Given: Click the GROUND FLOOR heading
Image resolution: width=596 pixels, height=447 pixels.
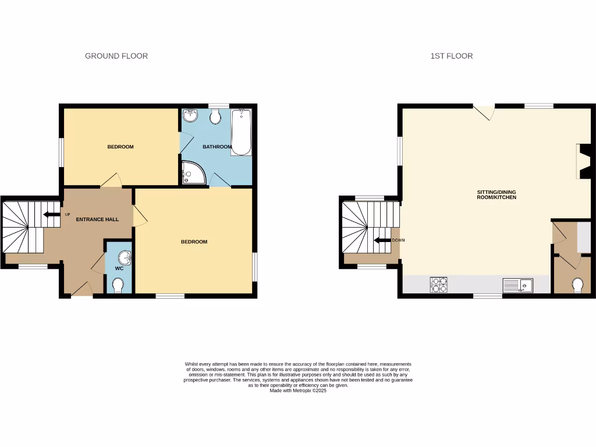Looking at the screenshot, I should coord(116,56).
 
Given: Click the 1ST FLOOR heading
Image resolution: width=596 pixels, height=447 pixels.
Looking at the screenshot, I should coord(451,56).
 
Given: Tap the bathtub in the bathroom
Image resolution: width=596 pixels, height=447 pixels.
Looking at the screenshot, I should coord(241,132).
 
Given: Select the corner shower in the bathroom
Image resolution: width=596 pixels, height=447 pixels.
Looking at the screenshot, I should coord(192,173).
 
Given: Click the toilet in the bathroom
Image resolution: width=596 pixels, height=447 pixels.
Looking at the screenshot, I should coord(215,117).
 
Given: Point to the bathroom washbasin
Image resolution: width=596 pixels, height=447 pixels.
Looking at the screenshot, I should coord(190,115).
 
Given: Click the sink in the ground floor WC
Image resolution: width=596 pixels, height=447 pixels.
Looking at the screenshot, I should coord(123,257).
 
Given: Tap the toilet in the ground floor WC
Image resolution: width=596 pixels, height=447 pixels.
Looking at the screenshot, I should coord(118,285).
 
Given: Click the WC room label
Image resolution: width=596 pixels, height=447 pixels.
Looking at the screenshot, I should coord(119,269).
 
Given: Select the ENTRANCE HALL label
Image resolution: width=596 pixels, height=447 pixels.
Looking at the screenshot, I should coord(97,219).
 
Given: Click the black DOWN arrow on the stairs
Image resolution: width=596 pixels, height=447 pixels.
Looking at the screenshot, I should coord(382,240).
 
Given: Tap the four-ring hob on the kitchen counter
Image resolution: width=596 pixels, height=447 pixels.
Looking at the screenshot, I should coord(439,285).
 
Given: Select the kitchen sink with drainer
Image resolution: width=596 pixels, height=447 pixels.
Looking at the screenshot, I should coord(517,285).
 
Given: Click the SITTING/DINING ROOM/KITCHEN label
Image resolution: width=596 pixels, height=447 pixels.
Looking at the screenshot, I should coord(496,195).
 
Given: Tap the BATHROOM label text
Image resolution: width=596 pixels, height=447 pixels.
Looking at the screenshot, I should coord(217,147).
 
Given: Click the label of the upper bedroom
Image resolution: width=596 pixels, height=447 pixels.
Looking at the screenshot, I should coord(120,147).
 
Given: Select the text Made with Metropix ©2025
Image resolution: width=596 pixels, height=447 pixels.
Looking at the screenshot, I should coord(298,391).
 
